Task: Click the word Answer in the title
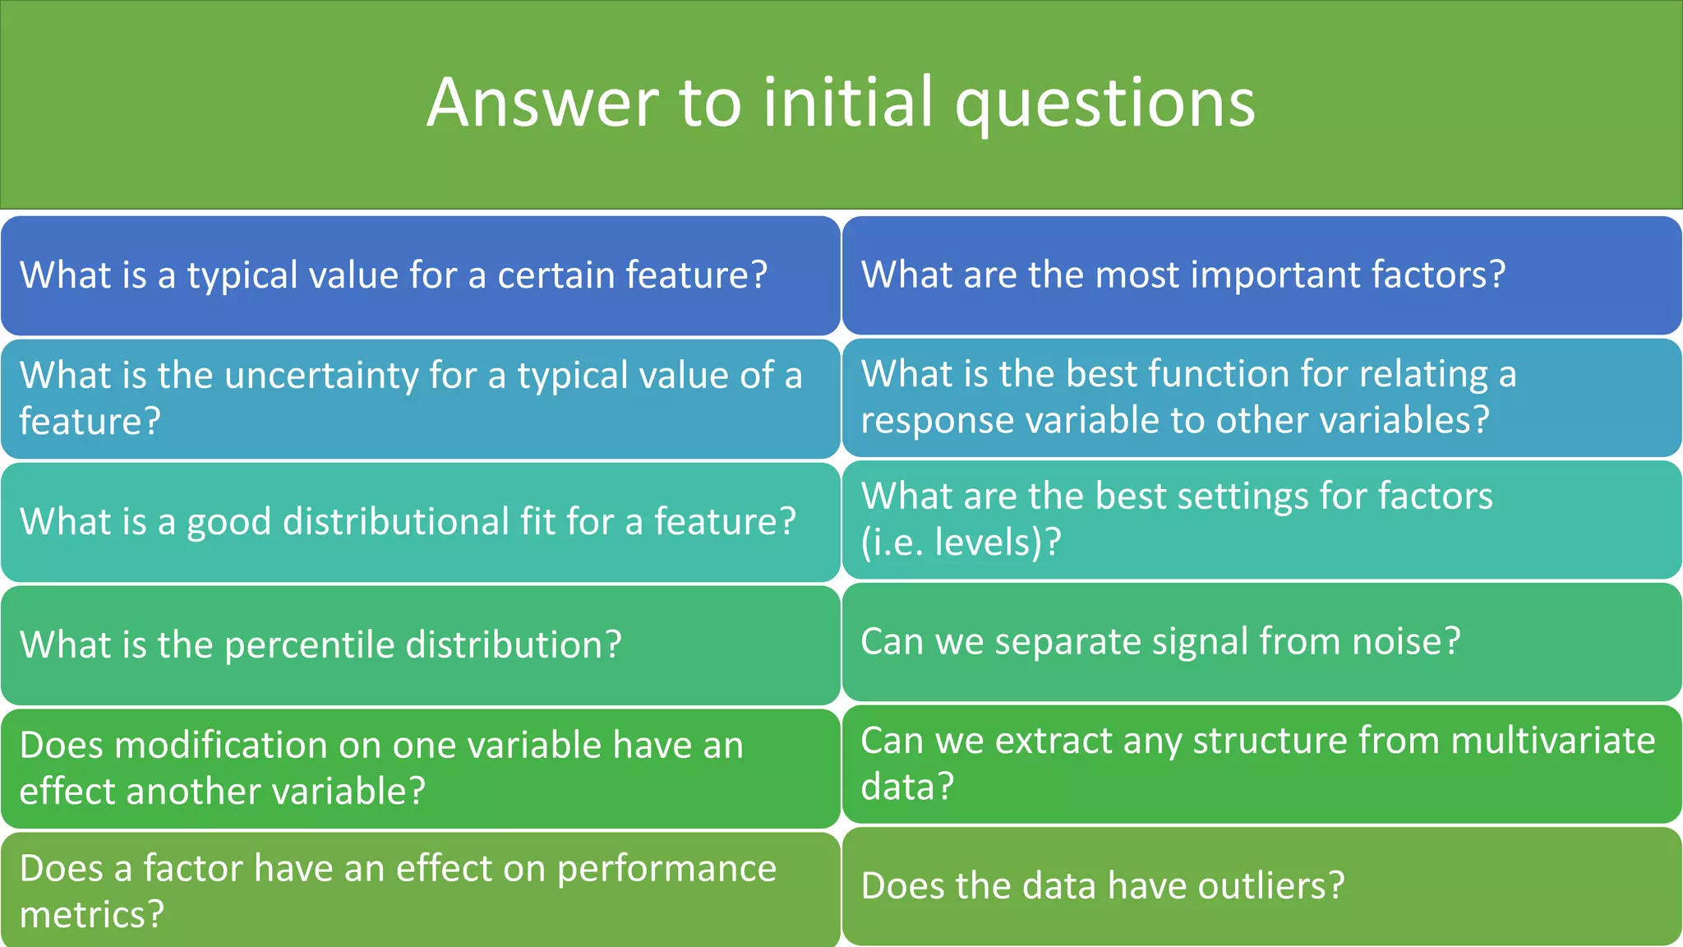[x=542, y=103]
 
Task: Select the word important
[x=1278, y=275]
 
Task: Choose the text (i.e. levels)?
[x=961, y=543]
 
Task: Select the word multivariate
[x=1552, y=741]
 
